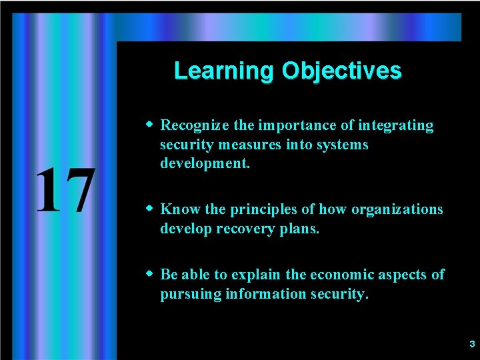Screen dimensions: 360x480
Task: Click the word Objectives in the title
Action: pos(341,71)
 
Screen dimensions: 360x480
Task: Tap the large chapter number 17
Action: pos(64,191)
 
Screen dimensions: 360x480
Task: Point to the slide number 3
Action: pos(471,345)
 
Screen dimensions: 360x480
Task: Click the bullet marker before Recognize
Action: pos(151,125)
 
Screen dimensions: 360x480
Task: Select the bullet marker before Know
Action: pos(151,209)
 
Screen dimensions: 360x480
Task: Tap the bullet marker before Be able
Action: pos(151,274)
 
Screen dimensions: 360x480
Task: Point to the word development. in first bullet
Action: pos(205,163)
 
